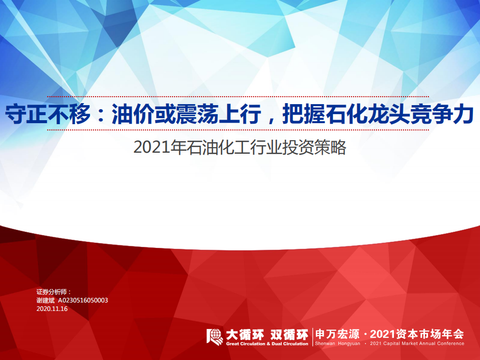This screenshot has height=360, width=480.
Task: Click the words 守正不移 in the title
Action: point(48,114)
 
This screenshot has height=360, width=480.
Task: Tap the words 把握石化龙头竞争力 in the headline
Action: point(378,114)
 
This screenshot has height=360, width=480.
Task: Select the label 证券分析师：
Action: point(54,291)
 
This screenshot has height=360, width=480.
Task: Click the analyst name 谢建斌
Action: point(46,300)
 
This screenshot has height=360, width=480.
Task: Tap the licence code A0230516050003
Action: point(83,300)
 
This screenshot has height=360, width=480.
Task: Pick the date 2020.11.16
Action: point(52,309)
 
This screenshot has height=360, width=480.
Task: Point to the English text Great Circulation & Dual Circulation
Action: point(267,344)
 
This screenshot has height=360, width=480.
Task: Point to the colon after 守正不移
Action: point(101,115)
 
